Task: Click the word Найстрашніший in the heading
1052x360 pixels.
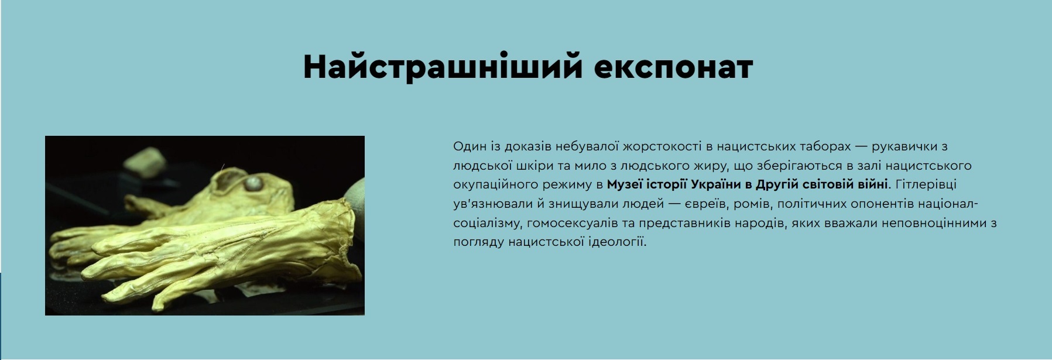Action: [443, 67]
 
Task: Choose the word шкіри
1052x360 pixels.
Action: [534, 166]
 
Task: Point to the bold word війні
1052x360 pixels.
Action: [872, 185]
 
